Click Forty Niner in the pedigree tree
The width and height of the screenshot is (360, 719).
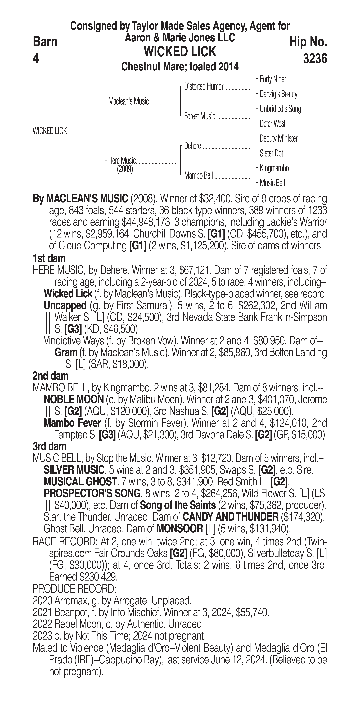[x=273, y=79]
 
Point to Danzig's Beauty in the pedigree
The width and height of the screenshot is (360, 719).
[x=278, y=94]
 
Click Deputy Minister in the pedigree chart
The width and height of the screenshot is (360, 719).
[x=278, y=138]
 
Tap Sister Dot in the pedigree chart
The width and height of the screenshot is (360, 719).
[x=271, y=153]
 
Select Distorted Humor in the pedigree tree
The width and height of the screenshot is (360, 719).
[x=204, y=87]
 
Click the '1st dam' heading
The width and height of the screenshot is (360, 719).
[x=49, y=258]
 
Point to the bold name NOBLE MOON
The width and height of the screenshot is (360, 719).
[x=74, y=400]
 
